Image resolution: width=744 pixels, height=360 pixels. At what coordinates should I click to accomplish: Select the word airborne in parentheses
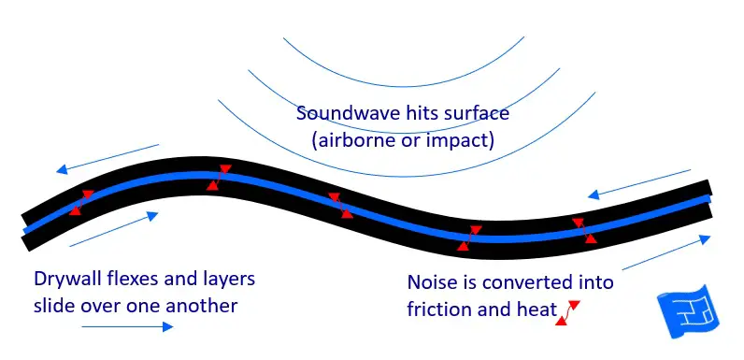tap(355, 141)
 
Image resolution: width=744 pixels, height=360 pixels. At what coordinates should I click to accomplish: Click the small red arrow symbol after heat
tap(566, 313)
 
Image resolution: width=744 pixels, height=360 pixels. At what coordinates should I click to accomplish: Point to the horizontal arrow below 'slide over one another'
tap(127, 326)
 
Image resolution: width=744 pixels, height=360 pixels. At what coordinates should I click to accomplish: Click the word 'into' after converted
tap(594, 281)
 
